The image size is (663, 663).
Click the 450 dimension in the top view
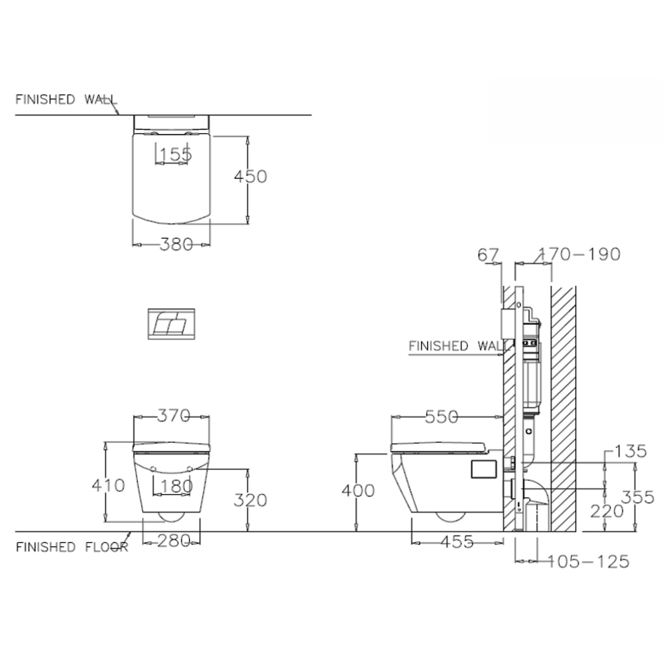pos(251,177)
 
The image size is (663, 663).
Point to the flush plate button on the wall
pos(170,324)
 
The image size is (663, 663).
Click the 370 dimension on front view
pos(174,416)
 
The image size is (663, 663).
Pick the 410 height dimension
pos(108,485)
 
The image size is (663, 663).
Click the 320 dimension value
pos(251,500)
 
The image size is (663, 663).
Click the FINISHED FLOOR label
pos(72,547)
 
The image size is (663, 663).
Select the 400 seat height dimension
pos(358,491)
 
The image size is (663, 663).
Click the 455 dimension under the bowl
pos(456,542)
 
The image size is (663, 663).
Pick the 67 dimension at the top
pos(487,254)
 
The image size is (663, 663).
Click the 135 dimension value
pos(629,452)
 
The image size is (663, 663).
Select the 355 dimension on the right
pos(638,497)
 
